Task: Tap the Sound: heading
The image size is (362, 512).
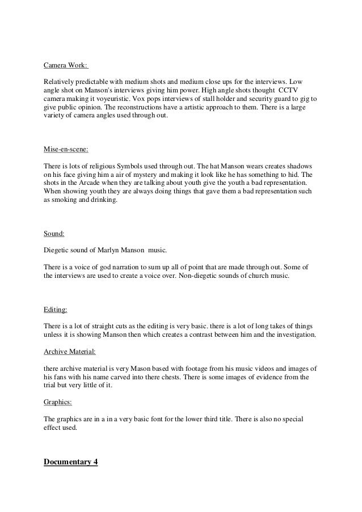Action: (54, 234)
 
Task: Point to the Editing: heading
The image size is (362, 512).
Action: (56, 310)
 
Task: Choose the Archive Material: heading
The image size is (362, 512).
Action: (70, 352)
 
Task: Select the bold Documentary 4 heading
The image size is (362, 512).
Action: (71, 462)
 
